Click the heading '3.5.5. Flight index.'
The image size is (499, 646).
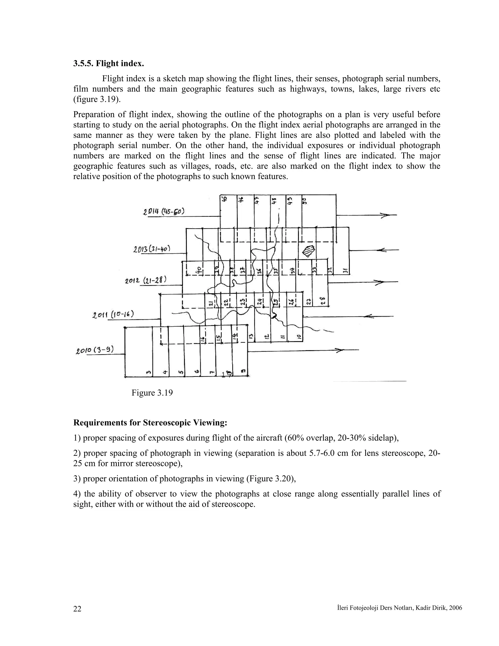coord(108,64)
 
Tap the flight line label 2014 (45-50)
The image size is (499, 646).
coord(164,212)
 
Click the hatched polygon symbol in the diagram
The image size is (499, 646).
coord(309,251)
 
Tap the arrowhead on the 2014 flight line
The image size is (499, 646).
coord(384,215)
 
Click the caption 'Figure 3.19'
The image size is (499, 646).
coord(152,393)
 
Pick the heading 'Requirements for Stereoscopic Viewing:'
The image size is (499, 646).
coord(150,423)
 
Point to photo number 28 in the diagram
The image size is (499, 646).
coord(323,301)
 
